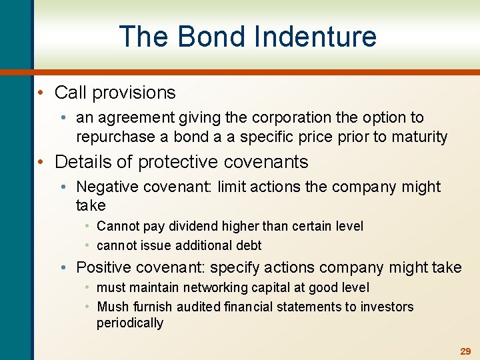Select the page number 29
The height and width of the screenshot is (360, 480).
[465, 351]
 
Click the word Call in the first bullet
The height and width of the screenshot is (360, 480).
[70, 93]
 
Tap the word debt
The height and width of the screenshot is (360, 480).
[247, 245]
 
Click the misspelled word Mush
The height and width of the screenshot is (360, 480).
[111, 307]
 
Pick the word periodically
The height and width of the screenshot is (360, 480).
[130, 323]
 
